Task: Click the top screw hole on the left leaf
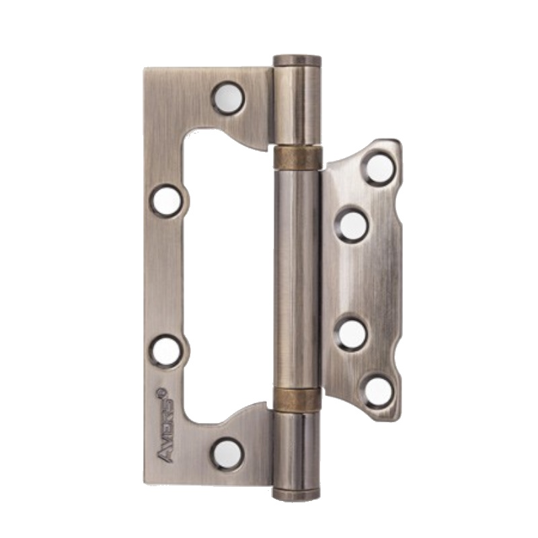pos(228,98)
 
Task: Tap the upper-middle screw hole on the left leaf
pos(167,200)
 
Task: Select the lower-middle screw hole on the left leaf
pos(167,351)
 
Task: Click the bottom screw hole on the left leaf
pos(227,454)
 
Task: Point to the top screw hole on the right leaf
pos(379,169)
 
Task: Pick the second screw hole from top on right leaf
pos(352,225)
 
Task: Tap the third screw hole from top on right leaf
pos(351,335)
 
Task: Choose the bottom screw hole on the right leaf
pos(378,392)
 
